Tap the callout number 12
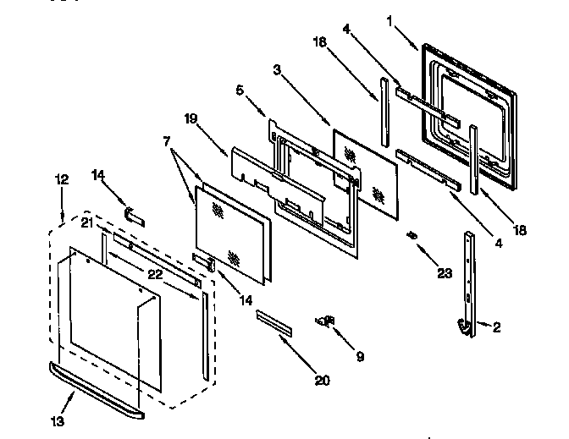(x=62, y=179)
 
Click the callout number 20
(x=321, y=380)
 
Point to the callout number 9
(x=360, y=357)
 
